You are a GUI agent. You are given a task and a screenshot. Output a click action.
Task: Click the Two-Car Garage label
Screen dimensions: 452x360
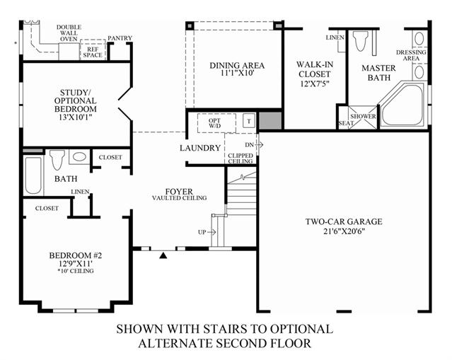(344, 221)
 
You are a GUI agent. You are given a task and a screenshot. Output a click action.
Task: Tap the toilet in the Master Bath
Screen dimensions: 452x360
(361, 41)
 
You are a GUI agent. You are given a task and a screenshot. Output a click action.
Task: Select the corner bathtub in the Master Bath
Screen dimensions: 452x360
(402, 104)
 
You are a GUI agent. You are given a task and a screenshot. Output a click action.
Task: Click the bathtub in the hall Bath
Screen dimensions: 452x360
(33, 175)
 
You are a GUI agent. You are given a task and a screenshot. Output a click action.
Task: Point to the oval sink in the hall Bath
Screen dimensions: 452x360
(79, 157)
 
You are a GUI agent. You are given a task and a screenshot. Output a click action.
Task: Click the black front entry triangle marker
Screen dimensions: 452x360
(163, 255)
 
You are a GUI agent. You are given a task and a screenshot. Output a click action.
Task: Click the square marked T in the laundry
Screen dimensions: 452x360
(249, 121)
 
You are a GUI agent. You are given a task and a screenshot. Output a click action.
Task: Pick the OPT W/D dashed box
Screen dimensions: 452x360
(216, 123)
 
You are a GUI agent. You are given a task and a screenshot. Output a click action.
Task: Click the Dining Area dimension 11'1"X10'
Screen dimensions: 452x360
(237, 74)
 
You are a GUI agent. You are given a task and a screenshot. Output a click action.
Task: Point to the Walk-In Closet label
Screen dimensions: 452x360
(315, 69)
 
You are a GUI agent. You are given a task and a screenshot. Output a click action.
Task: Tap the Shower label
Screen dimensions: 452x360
(363, 116)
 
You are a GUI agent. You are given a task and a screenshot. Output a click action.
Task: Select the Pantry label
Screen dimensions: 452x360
(120, 37)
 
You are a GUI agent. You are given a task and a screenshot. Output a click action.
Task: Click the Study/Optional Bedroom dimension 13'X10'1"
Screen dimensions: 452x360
(76, 117)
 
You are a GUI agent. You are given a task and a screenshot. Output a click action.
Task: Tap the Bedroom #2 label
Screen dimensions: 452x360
(76, 255)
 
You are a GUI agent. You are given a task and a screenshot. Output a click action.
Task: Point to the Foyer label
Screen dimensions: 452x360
(179, 192)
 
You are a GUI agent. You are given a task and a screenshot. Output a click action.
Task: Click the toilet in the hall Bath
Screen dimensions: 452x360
(57, 159)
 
